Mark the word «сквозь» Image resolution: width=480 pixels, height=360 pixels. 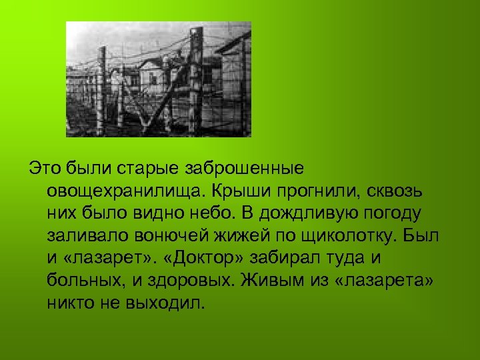[393, 190]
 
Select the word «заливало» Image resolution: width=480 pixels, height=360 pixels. [83, 235]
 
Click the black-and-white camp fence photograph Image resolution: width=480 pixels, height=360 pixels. [159, 79]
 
